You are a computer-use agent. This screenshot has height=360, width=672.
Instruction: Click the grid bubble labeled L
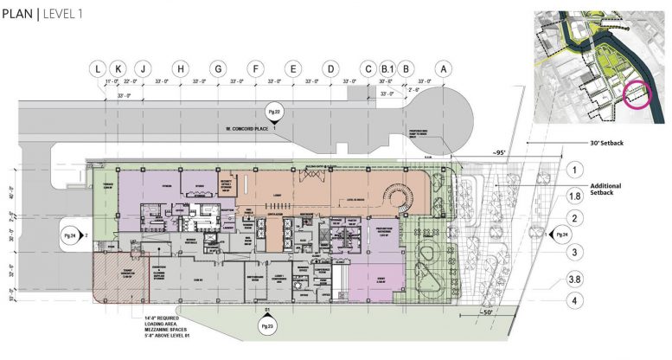click(98, 68)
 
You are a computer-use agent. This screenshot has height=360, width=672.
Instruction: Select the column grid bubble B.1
click(387, 68)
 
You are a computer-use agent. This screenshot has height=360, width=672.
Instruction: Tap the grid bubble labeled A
click(445, 68)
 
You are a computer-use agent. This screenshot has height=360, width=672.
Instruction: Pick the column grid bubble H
click(180, 68)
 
